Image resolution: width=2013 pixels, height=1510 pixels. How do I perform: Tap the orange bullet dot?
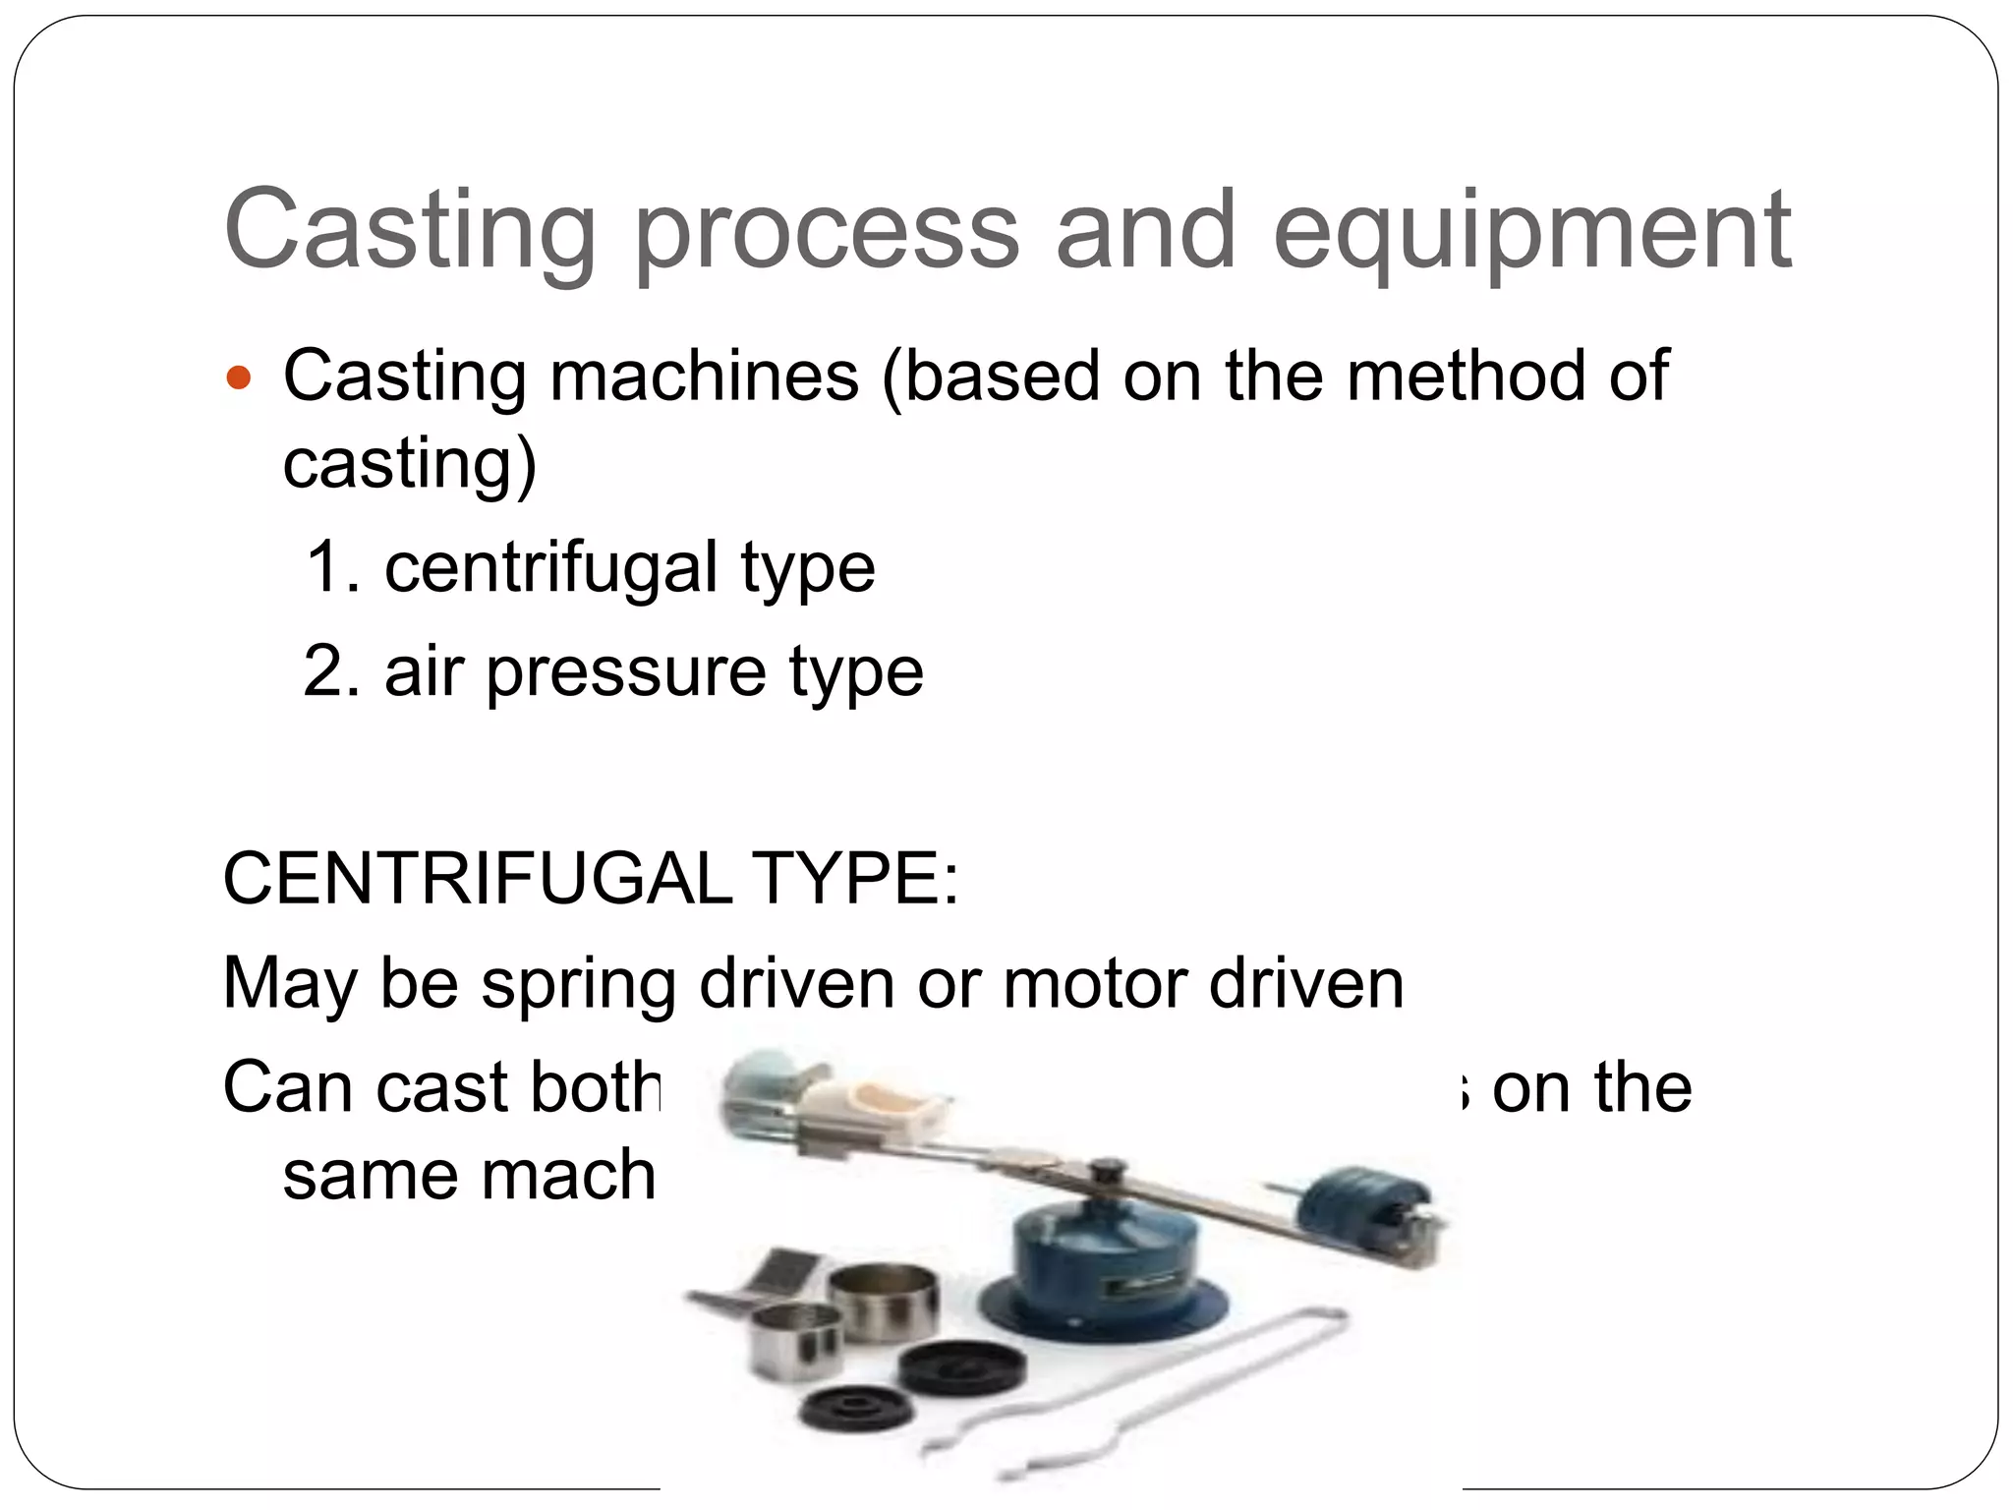click(239, 377)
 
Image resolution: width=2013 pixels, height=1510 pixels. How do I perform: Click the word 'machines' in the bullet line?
click(704, 377)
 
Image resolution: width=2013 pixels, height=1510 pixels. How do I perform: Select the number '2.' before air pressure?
click(332, 671)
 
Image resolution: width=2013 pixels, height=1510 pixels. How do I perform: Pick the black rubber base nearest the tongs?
click(962, 1371)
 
